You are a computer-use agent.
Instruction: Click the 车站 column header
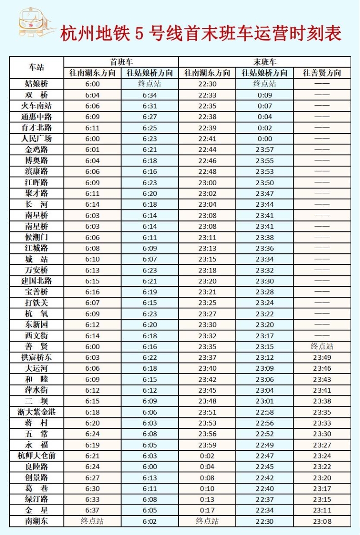pos(36,67)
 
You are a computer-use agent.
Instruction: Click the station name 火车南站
pos(36,106)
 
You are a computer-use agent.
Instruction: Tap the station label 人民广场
pos(36,139)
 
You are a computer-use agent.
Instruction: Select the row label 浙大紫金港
pos(36,412)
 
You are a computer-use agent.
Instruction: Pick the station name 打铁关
pos(36,303)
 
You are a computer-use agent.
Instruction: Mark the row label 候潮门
pos(36,237)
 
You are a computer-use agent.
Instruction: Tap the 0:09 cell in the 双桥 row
pos(265,95)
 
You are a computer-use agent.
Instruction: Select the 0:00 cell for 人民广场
pos(265,139)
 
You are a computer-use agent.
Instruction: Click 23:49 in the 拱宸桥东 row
pos(322,358)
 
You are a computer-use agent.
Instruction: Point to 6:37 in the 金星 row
pos(92,510)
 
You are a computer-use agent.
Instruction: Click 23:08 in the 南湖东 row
pos(322,521)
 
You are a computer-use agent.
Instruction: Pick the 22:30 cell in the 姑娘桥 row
pos(207,84)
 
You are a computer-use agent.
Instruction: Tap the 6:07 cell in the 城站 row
pos(150,259)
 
